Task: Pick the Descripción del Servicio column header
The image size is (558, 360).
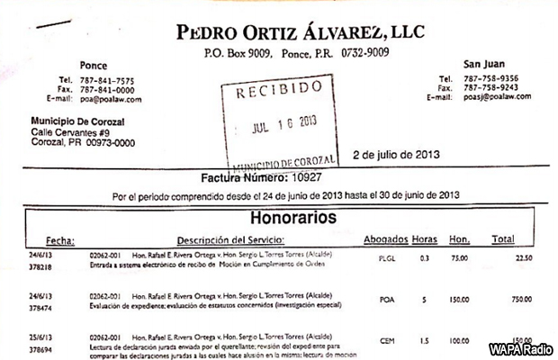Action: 229,240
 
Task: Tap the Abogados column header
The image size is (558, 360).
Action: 385,239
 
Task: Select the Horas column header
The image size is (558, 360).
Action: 425,239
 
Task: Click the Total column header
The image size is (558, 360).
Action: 502,239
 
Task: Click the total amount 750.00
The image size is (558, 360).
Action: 519,301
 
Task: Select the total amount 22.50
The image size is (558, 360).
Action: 522,257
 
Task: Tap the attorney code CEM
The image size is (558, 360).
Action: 387,342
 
